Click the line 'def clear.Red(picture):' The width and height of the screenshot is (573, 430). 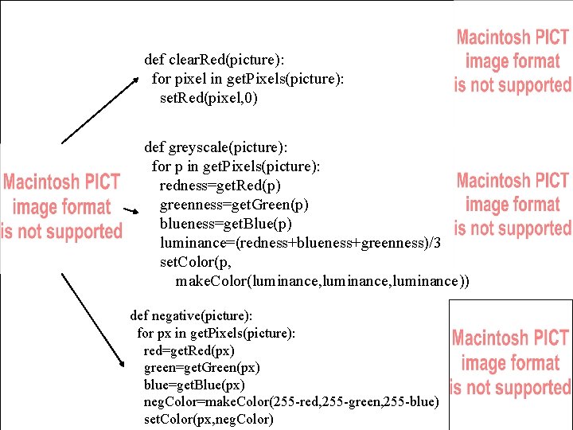(x=214, y=60)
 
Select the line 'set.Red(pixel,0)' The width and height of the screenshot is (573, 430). (x=209, y=98)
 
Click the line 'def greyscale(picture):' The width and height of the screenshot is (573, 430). (x=216, y=147)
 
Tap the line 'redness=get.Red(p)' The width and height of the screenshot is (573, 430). (x=220, y=186)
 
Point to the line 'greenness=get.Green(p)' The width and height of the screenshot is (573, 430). (x=234, y=205)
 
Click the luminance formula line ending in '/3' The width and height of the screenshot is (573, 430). (x=300, y=243)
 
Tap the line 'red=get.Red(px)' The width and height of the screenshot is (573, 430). (x=189, y=350)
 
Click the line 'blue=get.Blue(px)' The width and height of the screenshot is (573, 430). (x=194, y=385)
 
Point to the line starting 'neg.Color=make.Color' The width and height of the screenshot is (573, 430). (x=290, y=402)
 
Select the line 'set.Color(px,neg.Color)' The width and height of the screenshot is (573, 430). (x=209, y=420)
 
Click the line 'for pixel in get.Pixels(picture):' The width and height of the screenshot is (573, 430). (x=248, y=79)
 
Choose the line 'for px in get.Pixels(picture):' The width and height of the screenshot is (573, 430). (x=216, y=333)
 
